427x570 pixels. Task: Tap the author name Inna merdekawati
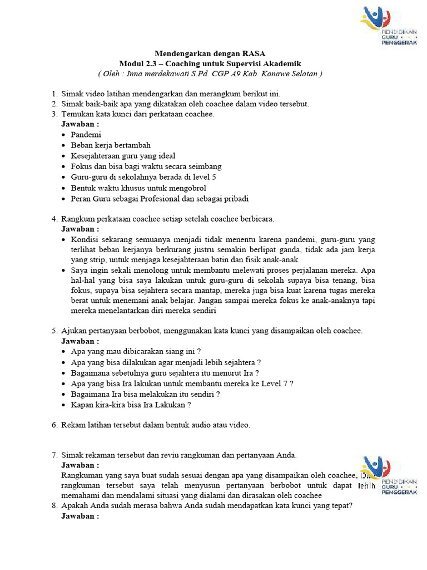coord(165,73)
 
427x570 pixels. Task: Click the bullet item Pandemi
coord(86,134)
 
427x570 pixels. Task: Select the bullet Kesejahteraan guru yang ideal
coord(123,156)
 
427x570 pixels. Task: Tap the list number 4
coord(54,219)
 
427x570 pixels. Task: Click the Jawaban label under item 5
coord(80,341)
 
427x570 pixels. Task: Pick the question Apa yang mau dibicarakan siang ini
coord(136,351)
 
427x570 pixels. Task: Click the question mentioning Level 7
coord(182,383)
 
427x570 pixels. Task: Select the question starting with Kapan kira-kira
coord(131,405)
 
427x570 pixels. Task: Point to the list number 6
coord(54,425)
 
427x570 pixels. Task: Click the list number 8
coord(54,505)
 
